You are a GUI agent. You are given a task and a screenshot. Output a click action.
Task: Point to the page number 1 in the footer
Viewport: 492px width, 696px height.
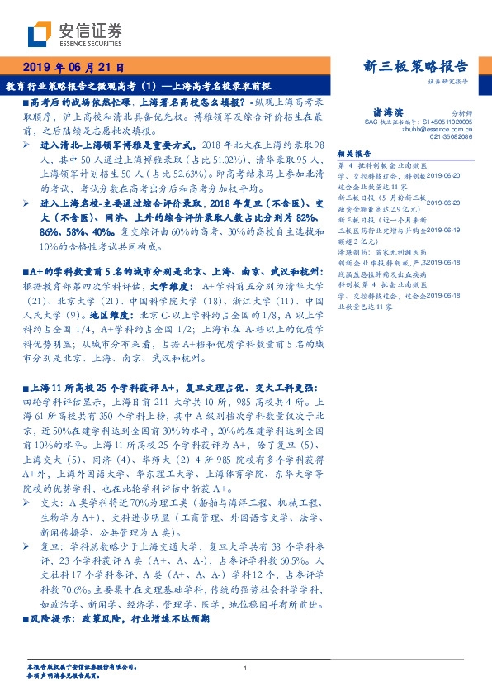pyautogui.click(x=246, y=668)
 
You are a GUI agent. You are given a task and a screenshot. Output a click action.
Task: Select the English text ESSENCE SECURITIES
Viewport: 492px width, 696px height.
pyautogui.click(x=94, y=42)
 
